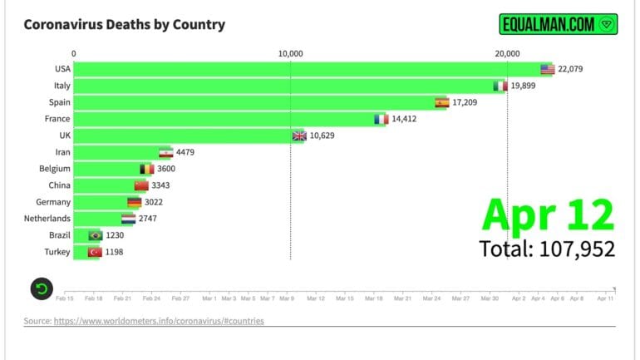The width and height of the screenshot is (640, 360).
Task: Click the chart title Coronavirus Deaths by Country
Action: (x=124, y=24)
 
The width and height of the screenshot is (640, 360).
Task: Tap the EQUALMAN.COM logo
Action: (x=559, y=24)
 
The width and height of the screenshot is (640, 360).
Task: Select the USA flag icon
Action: (x=547, y=69)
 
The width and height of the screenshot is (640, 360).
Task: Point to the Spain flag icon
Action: (x=442, y=102)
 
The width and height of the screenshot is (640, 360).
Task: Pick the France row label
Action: (x=57, y=119)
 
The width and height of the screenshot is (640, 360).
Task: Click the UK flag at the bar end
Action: (x=299, y=136)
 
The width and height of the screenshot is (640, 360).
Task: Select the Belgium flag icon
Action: (x=147, y=169)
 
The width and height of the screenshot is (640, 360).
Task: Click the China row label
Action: (x=59, y=185)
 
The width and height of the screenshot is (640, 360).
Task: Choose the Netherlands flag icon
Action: (x=128, y=219)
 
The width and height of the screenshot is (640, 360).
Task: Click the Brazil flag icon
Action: (x=95, y=235)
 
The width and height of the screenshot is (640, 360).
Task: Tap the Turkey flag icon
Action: (x=95, y=252)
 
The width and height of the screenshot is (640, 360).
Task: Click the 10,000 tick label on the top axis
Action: (x=290, y=53)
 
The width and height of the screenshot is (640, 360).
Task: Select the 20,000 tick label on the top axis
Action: (x=508, y=53)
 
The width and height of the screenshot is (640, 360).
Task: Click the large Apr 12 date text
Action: (x=548, y=215)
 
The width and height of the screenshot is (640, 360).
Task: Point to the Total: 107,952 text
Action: (x=547, y=248)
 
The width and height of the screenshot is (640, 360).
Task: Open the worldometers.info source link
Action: (x=159, y=321)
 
